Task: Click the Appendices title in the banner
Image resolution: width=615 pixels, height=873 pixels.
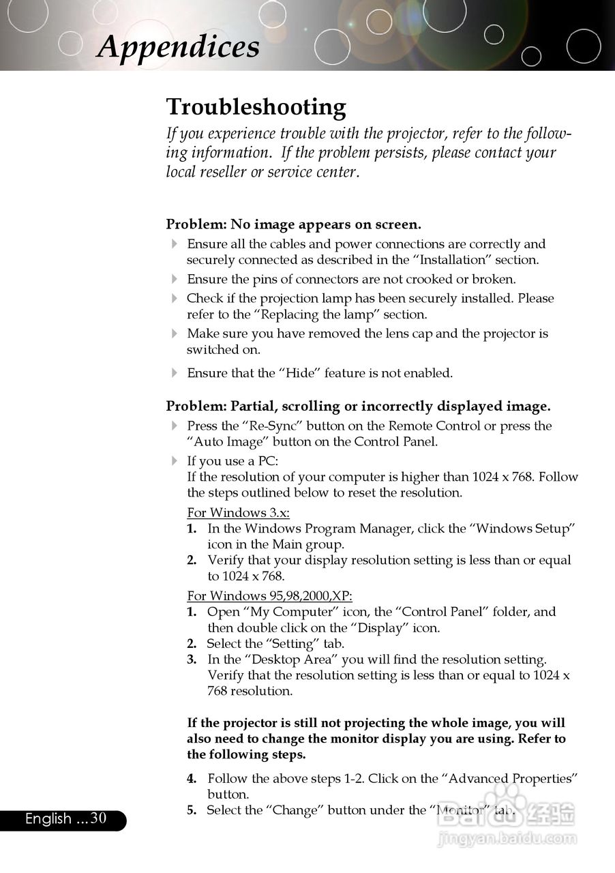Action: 178,46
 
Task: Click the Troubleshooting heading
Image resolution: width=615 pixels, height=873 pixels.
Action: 256,107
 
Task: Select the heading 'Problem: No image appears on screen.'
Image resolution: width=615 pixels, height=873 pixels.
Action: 293,224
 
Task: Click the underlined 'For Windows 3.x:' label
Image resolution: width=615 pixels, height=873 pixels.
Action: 243,513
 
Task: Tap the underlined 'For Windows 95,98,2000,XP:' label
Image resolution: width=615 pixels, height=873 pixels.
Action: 269,596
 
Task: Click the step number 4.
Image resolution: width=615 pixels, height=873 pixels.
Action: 192,778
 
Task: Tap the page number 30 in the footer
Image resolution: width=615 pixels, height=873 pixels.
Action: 99,818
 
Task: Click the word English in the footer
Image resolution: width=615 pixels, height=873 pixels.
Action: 48,819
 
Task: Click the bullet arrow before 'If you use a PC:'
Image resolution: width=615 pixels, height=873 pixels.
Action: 175,461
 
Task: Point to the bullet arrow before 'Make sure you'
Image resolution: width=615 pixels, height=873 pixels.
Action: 175,334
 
